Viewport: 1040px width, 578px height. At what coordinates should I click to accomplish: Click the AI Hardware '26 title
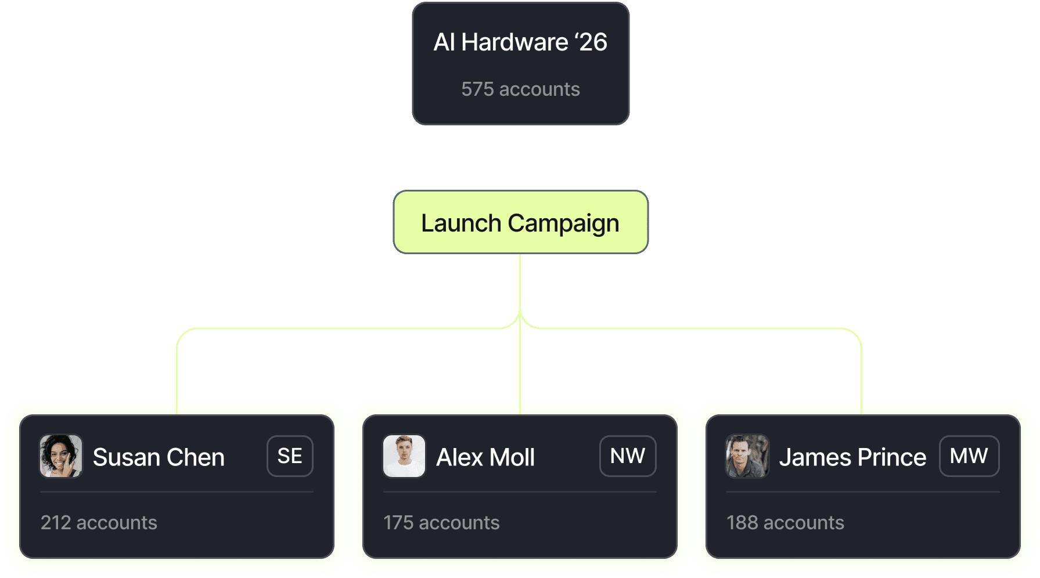520,42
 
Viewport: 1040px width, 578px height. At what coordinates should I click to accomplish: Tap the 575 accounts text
520,89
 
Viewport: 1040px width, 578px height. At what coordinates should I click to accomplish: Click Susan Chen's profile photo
61,456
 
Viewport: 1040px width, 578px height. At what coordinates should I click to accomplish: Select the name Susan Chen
159,457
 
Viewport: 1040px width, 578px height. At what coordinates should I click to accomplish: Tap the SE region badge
290,456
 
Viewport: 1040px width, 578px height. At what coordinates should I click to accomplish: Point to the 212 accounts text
99,523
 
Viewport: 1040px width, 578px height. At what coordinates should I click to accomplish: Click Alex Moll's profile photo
404,456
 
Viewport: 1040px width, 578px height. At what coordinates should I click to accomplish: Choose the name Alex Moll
485,457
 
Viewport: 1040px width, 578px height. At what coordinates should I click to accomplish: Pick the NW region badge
628,456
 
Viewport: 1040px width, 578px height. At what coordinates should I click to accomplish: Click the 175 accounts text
441,523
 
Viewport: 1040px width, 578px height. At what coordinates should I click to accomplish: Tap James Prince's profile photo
747,456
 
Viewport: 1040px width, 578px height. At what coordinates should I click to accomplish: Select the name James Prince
852,457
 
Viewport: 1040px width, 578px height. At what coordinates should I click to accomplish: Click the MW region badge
969,456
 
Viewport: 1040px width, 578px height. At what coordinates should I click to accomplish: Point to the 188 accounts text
785,523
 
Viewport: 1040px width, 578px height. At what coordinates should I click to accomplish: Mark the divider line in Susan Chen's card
177,492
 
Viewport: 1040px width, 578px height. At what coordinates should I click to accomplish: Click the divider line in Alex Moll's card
520,492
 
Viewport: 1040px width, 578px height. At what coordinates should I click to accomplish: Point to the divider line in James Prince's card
863,492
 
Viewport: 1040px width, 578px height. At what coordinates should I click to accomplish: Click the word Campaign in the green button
563,224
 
